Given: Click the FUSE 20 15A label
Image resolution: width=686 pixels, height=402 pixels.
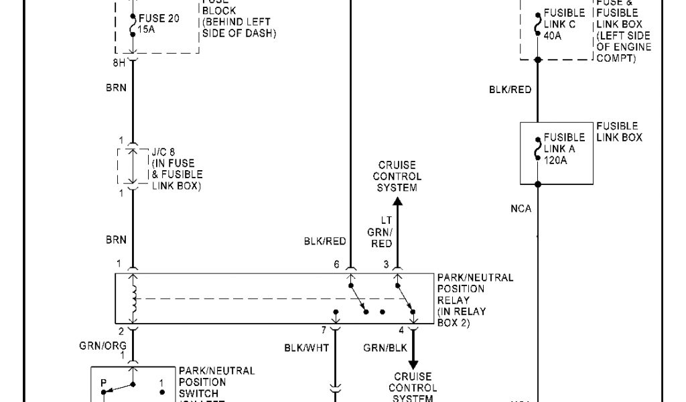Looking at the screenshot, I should [159, 24].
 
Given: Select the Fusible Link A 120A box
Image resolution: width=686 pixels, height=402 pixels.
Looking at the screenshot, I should [556, 153].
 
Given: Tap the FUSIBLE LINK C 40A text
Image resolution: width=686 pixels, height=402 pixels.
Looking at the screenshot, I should [565, 24].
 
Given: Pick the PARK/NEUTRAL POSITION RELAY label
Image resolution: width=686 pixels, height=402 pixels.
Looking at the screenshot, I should [475, 300].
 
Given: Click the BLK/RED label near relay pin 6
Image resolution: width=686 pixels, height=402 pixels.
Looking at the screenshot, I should [324, 242].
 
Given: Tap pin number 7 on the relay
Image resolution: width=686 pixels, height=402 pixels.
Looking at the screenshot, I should [323, 330].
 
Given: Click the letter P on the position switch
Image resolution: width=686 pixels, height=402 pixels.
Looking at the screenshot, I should [103, 383].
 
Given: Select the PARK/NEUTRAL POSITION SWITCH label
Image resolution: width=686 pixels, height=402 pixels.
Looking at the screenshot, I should [216, 382].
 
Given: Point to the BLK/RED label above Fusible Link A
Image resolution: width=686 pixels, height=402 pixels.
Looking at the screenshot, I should [510, 89].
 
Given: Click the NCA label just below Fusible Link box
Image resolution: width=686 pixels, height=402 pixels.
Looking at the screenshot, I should [521, 209].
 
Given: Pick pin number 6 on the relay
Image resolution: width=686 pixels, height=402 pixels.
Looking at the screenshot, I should [337, 264].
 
